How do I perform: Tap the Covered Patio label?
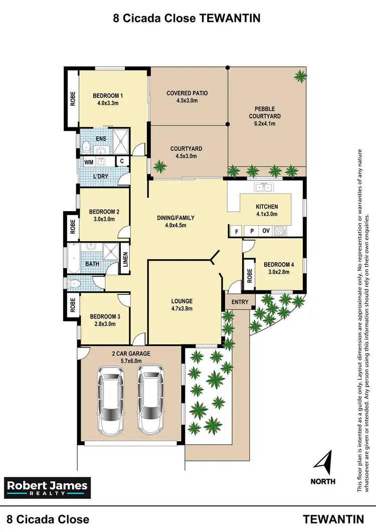[187, 93]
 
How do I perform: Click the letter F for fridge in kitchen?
[236, 232]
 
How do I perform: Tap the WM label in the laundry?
[88, 162]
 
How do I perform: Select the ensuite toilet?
[86, 147]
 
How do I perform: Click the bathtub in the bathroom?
[74, 257]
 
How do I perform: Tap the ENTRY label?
[240, 302]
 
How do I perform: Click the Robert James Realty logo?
[48, 487]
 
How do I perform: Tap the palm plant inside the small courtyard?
[160, 166]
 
